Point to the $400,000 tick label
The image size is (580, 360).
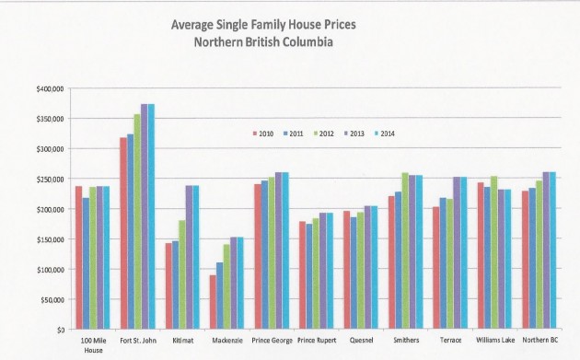(x=49, y=88)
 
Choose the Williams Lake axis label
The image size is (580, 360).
(x=494, y=339)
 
